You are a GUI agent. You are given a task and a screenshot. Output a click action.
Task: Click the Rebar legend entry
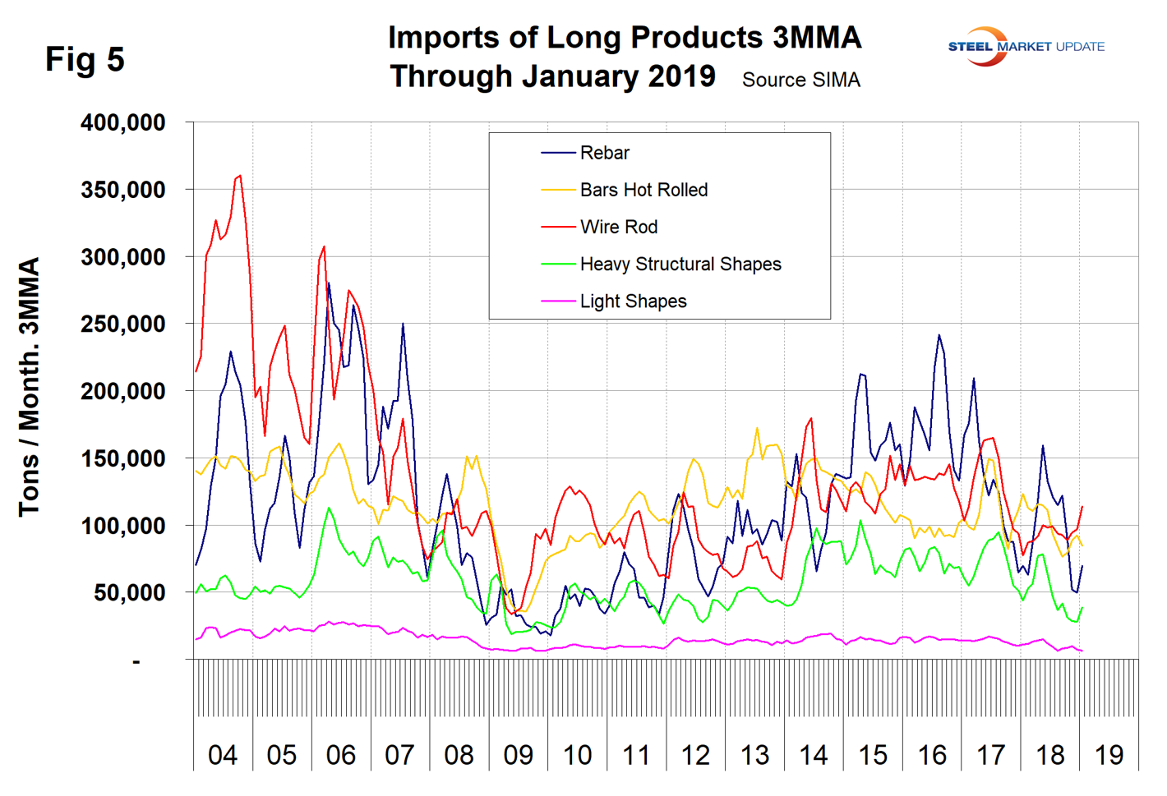coord(604,153)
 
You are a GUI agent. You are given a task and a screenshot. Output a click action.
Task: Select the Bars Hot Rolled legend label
coord(643,190)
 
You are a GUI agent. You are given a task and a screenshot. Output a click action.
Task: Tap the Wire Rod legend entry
coord(618,227)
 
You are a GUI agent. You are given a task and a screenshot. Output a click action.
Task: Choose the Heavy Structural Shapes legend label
coord(680,264)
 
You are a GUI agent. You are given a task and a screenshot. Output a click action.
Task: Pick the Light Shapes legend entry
coord(633,301)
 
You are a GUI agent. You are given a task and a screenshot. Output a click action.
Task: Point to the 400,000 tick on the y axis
coord(123,122)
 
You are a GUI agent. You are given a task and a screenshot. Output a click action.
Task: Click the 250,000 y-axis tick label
coord(123,324)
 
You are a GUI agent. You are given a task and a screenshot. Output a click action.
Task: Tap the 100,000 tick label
coord(123,525)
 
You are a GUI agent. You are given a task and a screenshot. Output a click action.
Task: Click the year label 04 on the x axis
coord(223,754)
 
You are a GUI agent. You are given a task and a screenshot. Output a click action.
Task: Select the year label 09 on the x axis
coord(519,754)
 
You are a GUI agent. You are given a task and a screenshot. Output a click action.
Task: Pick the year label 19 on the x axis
coord(1109,754)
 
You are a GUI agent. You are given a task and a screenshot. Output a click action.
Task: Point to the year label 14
coord(814,754)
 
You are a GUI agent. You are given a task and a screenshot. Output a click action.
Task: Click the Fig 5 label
coord(85,59)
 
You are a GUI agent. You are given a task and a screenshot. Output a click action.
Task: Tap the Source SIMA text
coord(800,80)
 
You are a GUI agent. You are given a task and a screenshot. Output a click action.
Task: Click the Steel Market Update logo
coord(1025,47)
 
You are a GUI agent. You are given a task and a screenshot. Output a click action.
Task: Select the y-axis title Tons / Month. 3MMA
coord(30,386)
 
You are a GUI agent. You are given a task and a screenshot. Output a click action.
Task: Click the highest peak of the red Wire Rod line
coord(239,175)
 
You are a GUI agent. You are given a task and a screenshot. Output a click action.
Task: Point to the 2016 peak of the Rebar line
coord(939,335)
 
